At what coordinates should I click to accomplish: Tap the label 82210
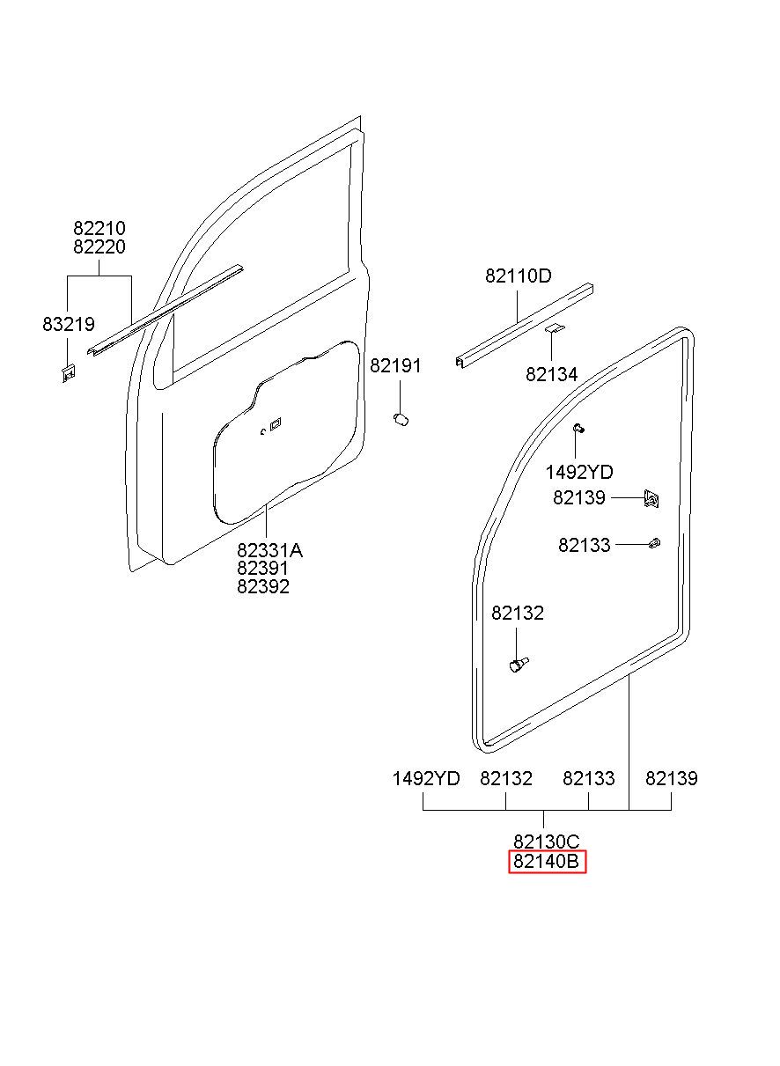(x=99, y=229)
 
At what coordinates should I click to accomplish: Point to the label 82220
(x=99, y=247)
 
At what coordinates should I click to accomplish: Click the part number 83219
(x=69, y=324)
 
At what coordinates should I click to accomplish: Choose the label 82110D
(x=519, y=276)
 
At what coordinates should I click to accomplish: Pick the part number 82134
(x=552, y=374)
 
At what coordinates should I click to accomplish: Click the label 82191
(x=395, y=366)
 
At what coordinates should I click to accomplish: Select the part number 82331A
(x=270, y=551)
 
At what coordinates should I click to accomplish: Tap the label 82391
(x=262, y=569)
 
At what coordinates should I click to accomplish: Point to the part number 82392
(x=262, y=587)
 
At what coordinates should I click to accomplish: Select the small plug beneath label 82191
(x=401, y=419)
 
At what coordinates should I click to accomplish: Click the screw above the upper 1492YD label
(x=578, y=429)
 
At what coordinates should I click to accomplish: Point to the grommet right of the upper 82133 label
(x=654, y=543)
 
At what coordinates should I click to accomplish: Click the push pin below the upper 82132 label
(x=519, y=664)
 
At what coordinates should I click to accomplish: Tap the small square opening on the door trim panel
(x=275, y=423)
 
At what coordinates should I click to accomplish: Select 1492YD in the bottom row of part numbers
(x=426, y=778)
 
